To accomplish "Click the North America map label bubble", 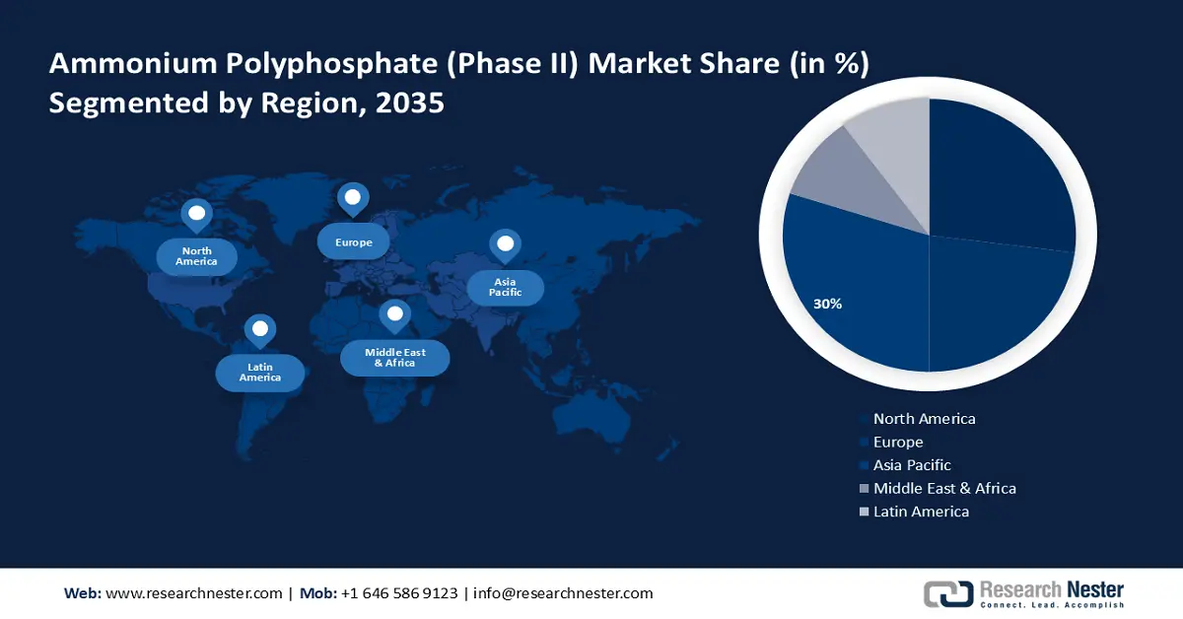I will point(196,257).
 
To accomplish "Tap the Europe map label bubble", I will point(352,241).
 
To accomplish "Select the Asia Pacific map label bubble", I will point(505,288).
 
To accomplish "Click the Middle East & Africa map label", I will point(394,358).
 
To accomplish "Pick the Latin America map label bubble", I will point(259,373).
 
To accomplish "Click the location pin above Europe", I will point(352,198).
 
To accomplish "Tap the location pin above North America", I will point(196,214).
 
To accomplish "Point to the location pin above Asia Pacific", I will point(505,244).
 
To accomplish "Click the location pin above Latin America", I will point(259,329).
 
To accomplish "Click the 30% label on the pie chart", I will point(827,304).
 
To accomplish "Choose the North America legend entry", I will point(924,419).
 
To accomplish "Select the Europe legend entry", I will point(898,443).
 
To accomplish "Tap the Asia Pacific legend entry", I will point(912,465).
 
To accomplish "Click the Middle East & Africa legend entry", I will point(943,488).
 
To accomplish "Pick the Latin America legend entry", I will point(921,512).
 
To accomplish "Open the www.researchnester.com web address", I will point(193,593).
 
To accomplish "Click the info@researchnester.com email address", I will point(563,593).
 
